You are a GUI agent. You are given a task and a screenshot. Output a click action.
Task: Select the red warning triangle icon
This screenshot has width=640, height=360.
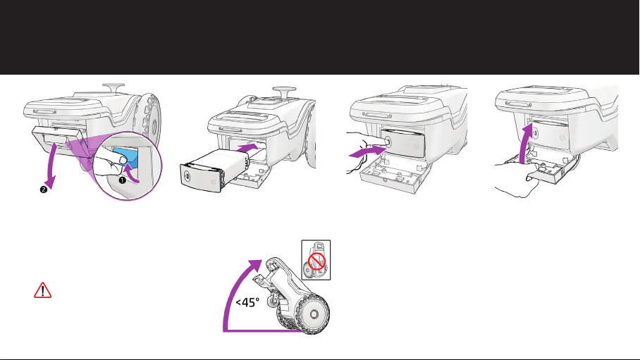pyautogui.click(x=44, y=292)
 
